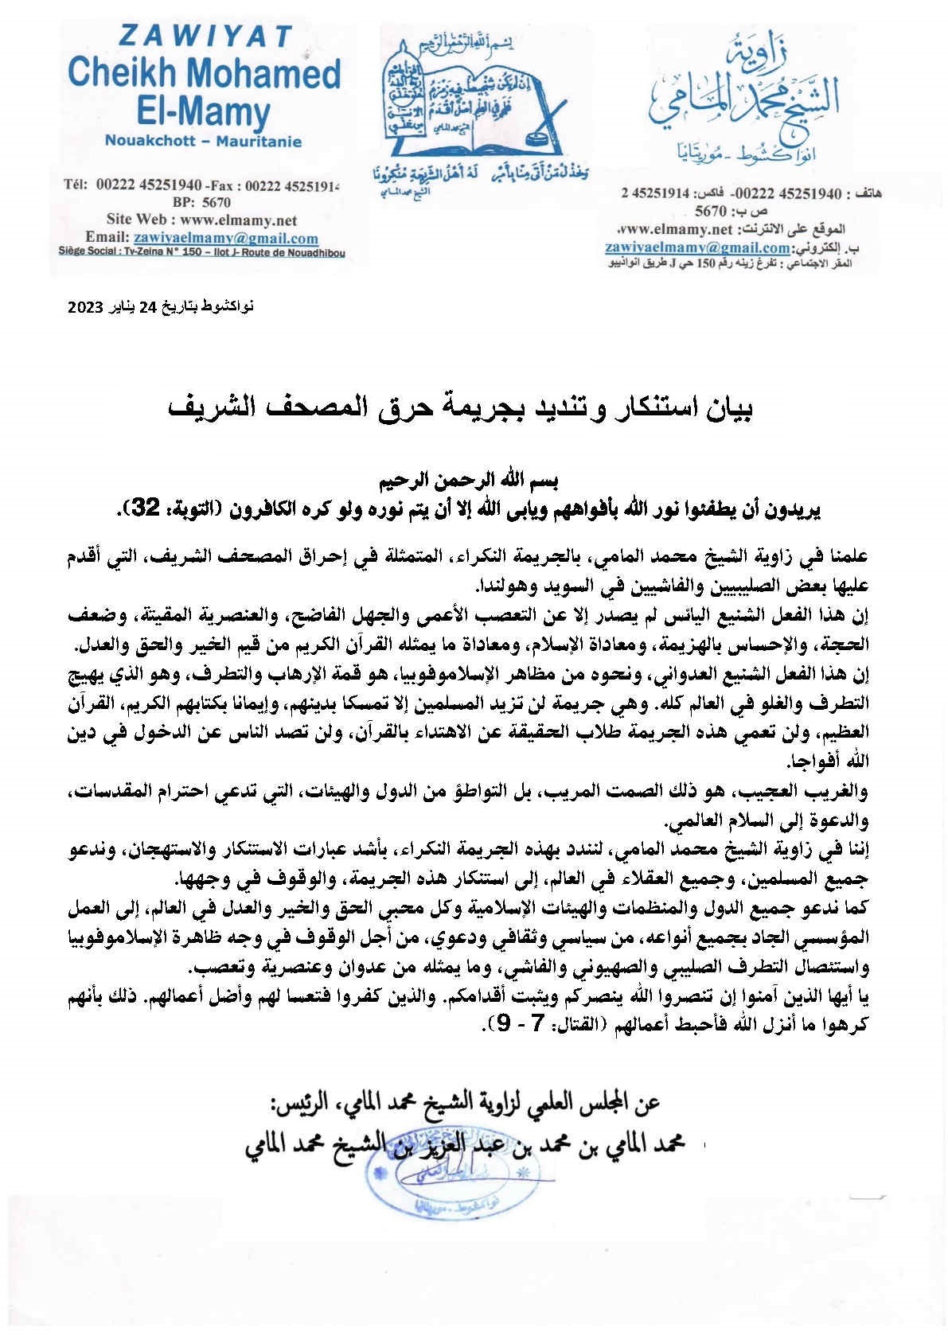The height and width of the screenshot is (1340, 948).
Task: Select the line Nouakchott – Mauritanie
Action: (x=202, y=142)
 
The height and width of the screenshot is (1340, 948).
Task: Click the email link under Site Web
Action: (x=225, y=238)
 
